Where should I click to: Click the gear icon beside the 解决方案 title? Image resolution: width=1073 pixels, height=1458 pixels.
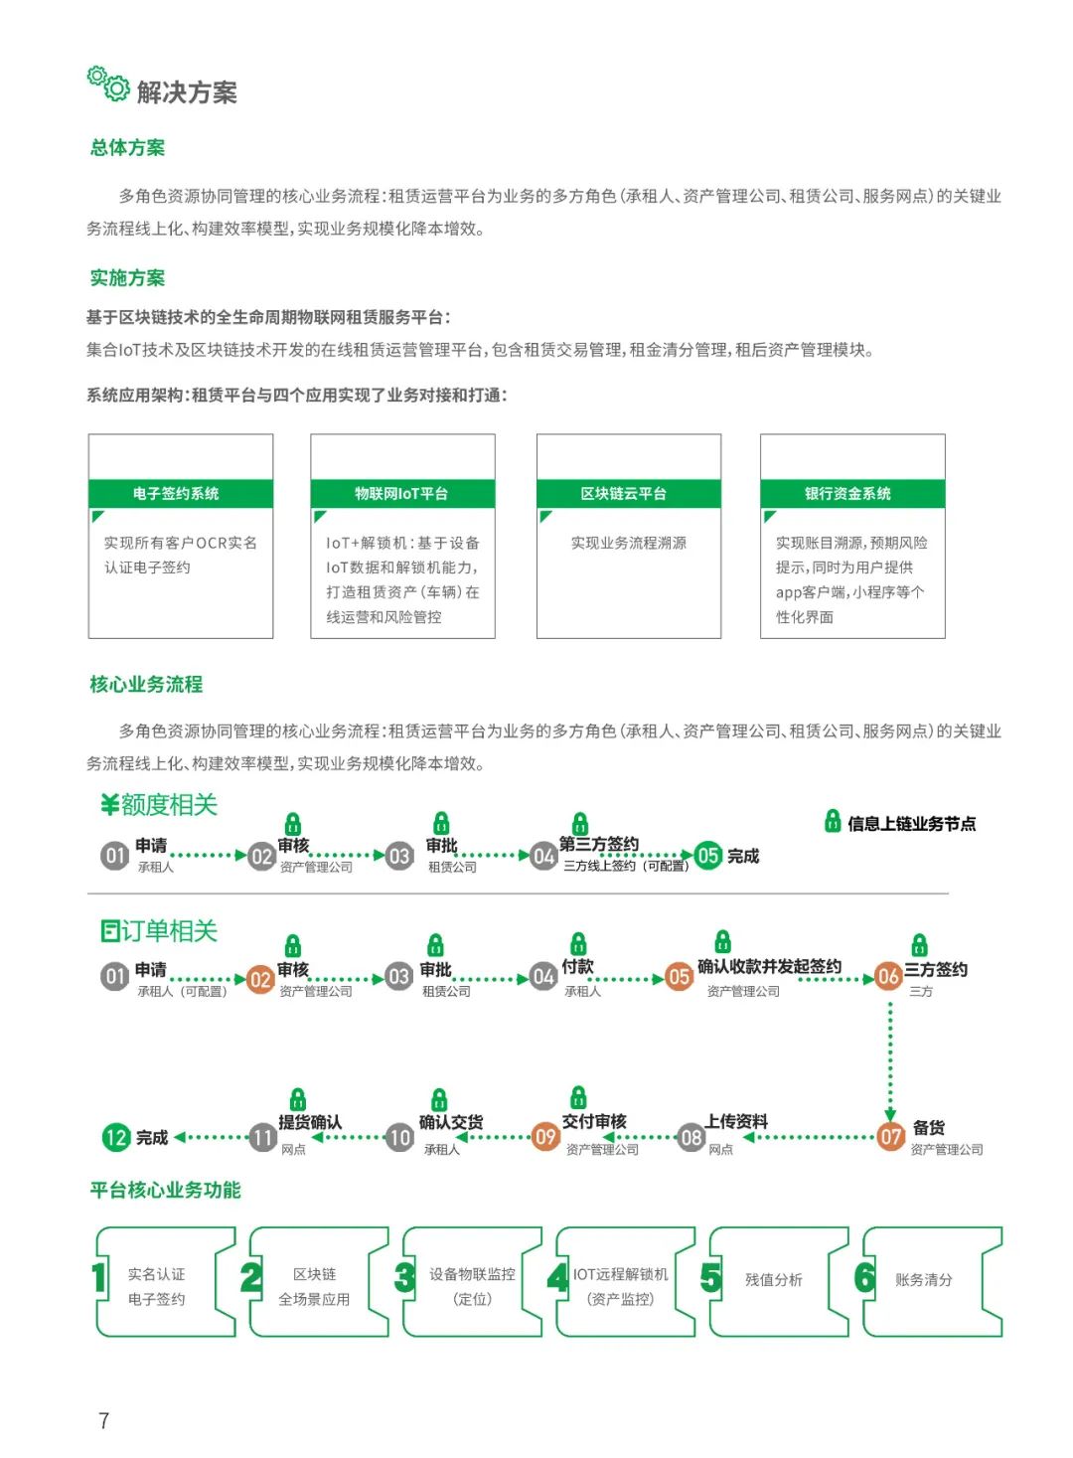(x=108, y=83)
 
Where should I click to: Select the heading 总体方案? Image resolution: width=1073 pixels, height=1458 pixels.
(x=127, y=148)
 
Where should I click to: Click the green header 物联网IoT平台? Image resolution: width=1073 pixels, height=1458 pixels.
(x=402, y=493)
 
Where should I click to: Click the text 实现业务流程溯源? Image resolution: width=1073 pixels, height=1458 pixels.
(x=629, y=543)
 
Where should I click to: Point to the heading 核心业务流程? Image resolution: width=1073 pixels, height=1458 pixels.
(x=146, y=684)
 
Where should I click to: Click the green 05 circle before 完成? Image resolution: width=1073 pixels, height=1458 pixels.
(x=708, y=856)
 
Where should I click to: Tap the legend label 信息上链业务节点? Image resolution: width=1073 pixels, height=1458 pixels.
(x=912, y=823)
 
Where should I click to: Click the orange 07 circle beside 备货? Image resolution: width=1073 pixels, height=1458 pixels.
(x=890, y=1137)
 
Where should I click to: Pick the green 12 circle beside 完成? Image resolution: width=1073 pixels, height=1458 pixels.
(x=116, y=1137)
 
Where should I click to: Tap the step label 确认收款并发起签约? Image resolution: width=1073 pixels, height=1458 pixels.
(x=770, y=966)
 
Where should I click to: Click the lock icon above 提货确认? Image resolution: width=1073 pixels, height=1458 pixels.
(x=298, y=1098)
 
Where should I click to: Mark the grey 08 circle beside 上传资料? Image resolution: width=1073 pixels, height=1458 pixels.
(x=690, y=1137)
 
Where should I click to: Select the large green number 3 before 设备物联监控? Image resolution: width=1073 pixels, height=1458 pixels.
(x=404, y=1277)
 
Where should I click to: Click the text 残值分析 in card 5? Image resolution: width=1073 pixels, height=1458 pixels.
(x=774, y=1280)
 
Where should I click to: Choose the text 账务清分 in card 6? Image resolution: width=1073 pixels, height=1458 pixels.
(x=924, y=1280)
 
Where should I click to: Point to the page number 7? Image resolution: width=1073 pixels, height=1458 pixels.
(x=103, y=1419)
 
